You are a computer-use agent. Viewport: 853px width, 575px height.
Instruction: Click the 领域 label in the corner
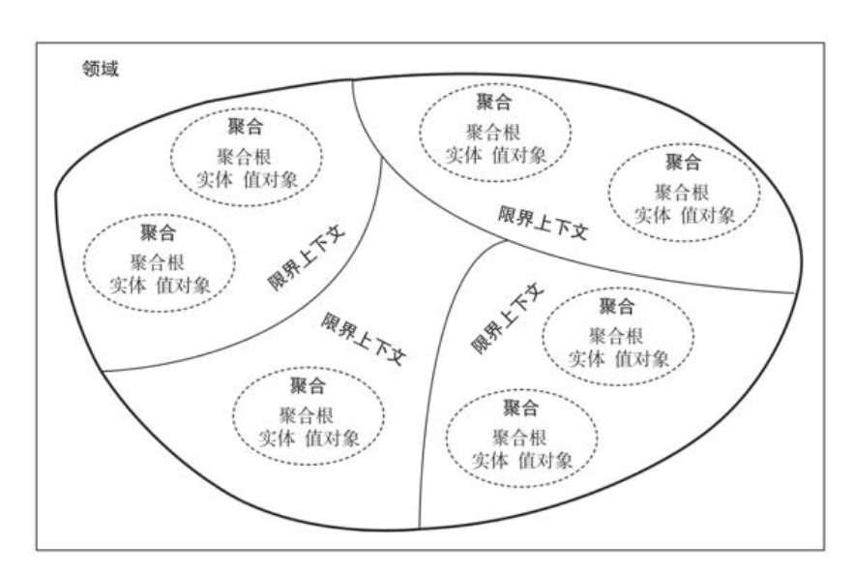coord(101,70)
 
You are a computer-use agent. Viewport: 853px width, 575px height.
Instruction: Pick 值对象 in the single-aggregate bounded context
coord(333,437)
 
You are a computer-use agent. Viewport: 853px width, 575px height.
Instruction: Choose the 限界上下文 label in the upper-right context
coord(544,225)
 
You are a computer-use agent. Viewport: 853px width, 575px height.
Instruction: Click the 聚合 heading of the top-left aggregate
coord(245,126)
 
